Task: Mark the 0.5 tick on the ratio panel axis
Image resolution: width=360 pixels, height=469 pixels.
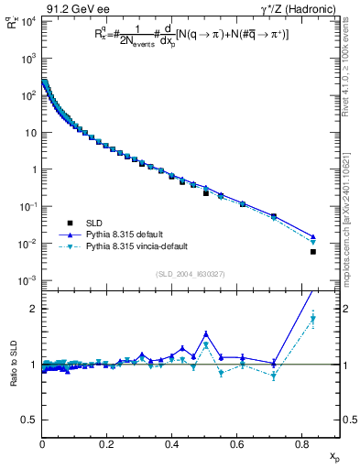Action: click(x=28, y=420)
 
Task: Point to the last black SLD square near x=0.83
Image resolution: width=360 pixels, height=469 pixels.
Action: click(x=313, y=252)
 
